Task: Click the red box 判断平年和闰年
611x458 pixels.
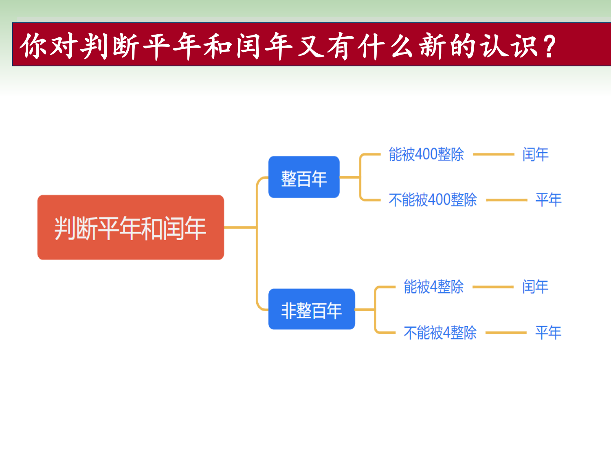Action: pyautogui.click(x=130, y=227)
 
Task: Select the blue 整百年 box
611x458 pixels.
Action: pyautogui.click(x=304, y=177)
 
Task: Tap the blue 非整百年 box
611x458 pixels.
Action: pyautogui.click(x=312, y=309)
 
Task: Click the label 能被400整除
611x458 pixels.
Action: pyautogui.click(x=426, y=155)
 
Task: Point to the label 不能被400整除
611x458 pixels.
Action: pyautogui.click(x=433, y=200)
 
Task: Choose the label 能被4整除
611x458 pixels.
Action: pyautogui.click(x=433, y=287)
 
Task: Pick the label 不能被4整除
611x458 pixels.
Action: pyautogui.click(x=440, y=333)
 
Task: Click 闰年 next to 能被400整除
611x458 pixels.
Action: pyautogui.click(x=535, y=155)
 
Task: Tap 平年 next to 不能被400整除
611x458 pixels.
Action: pyautogui.click(x=548, y=200)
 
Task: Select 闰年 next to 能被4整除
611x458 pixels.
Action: pyautogui.click(x=535, y=287)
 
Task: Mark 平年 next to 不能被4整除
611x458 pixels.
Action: pyautogui.click(x=548, y=333)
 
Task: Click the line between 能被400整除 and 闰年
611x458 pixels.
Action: pyautogui.click(x=493, y=155)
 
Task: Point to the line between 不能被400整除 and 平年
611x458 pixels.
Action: pyautogui.click(x=506, y=200)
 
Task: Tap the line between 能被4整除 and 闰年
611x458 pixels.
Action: pyautogui.click(x=493, y=287)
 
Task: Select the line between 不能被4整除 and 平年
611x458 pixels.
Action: pyautogui.click(x=506, y=333)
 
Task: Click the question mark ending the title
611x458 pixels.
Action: pyautogui.click(x=549, y=46)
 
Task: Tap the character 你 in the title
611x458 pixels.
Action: pyautogui.click(x=35, y=46)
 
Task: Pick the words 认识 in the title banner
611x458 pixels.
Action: pyautogui.click(x=509, y=46)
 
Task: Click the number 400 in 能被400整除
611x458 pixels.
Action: pyautogui.click(x=426, y=155)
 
